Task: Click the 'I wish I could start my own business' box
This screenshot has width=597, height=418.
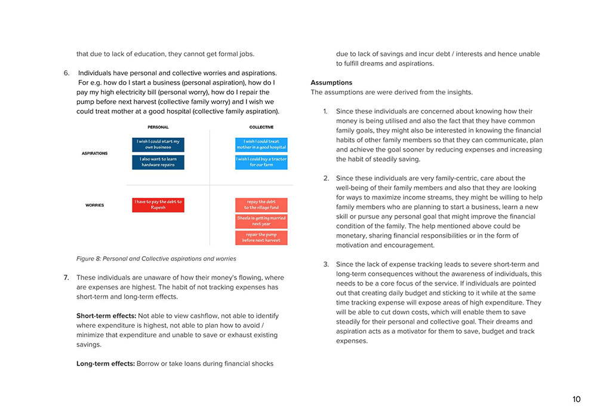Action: coord(158,145)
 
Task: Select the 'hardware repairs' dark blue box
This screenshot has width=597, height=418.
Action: coord(158,162)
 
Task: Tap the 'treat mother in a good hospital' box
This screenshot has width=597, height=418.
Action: coord(261,145)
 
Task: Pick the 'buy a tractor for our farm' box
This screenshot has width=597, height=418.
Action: coord(261,162)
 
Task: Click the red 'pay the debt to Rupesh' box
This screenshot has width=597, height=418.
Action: coord(158,205)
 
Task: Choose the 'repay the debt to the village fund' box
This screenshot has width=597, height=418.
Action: coord(261,205)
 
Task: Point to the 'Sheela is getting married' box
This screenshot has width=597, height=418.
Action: coord(261,221)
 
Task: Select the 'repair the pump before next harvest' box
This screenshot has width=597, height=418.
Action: coord(261,238)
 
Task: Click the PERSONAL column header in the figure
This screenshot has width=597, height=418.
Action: coord(158,127)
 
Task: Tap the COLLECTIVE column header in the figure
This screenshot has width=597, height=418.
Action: coord(261,127)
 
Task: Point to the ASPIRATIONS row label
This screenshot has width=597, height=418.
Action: coord(94,153)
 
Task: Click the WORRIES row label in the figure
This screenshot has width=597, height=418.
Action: coord(94,205)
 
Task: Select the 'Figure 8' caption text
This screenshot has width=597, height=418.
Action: coord(156,259)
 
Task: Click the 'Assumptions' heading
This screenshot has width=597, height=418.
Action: coord(331,82)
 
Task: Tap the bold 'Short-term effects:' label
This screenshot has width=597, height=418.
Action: coord(106,316)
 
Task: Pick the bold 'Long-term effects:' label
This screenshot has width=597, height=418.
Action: coord(105,364)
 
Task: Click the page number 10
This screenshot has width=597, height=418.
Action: coord(576,399)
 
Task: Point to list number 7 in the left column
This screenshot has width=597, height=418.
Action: coord(66,278)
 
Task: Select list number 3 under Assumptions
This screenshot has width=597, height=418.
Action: coord(326,265)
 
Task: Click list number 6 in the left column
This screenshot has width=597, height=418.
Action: coord(66,73)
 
